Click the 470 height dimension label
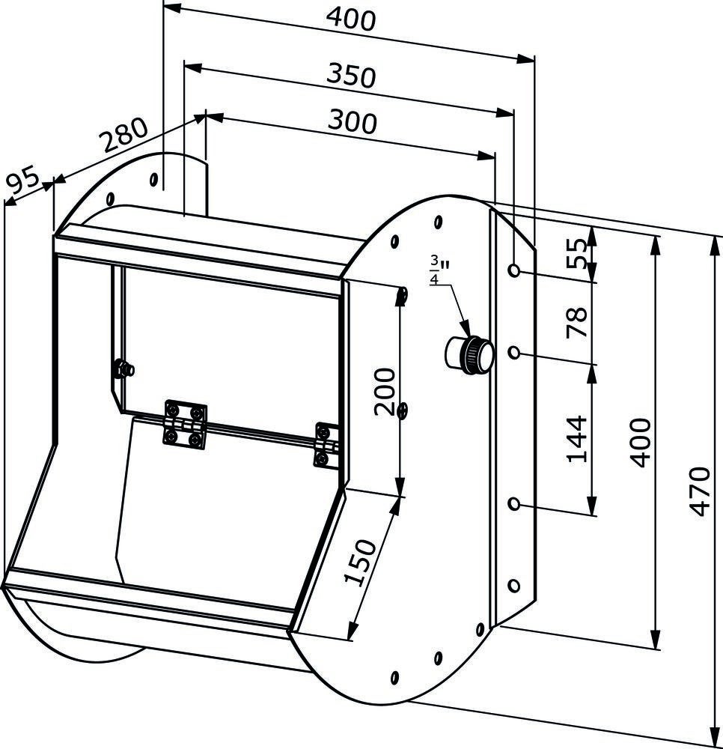tap(701, 491)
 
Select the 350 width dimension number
tap(352, 76)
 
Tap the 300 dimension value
tap(353, 122)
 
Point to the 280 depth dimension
tap(124, 134)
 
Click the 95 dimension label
tap(23, 179)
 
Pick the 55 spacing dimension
tap(576, 253)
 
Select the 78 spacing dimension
tap(576, 323)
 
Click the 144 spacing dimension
tap(576, 439)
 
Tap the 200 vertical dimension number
tap(385, 391)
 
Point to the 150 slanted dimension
tap(361, 562)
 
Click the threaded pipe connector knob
tap(469, 354)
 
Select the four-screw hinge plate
tap(185, 425)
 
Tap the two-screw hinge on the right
tap(326, 446)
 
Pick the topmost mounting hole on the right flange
tap(514, 270)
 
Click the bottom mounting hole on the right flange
tap(513, 586)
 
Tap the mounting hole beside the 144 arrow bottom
tap(514, 504)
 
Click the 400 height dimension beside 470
tap(640, 443)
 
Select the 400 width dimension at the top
tap(352, 20)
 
